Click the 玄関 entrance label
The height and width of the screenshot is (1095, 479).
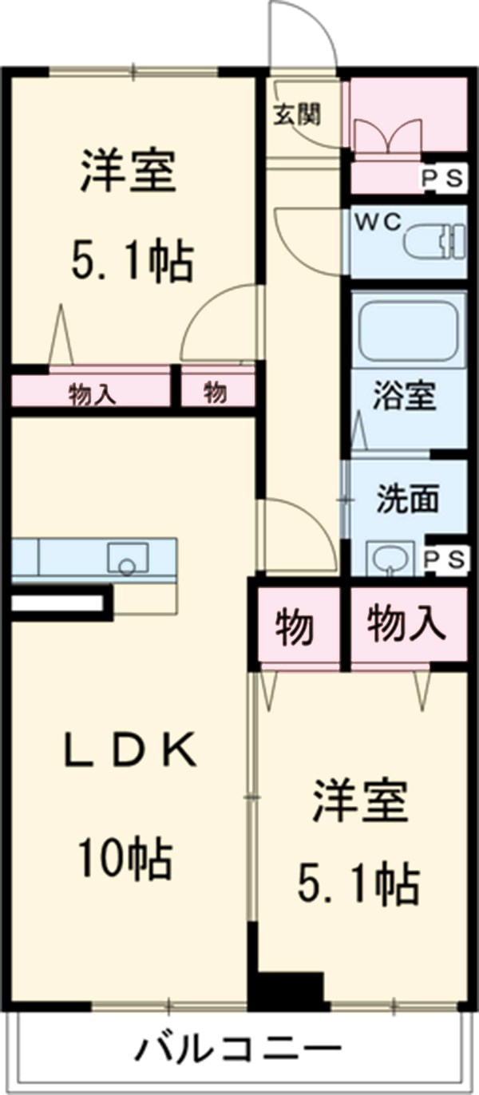click(x=299, y=115)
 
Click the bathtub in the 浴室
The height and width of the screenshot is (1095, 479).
click(x=408, y=328)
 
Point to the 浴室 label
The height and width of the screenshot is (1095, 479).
click(x=406, y=396)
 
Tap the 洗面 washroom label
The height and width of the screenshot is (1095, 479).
click(x=407, y=500)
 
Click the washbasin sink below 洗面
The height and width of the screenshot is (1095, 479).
click(x=390, y=557)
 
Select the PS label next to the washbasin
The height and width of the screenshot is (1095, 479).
click(x=442, y=559)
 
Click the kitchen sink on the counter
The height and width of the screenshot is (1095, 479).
click(x=127, y=557)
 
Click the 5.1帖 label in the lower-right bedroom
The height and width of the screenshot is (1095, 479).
click(x=359, y=884)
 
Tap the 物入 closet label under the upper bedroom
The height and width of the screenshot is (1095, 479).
click(x=93, y=393)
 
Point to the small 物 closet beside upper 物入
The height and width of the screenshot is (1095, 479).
click(x=215, y=393)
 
